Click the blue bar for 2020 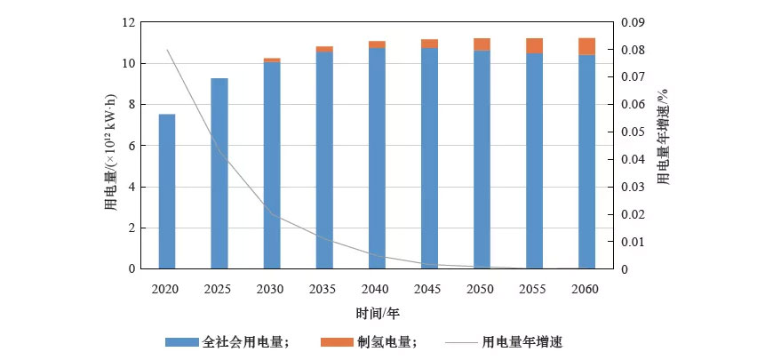coord(166,191)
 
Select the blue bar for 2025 coord(219,173)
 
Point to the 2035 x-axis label coord(323,290)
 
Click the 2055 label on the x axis coord(533,290)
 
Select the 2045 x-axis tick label coord(428,290)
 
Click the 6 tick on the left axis coord(131,146)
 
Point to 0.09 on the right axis coord(631,22)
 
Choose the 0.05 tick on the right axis coord(631,132)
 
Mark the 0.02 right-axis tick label coord(631,214)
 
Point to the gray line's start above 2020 coord(167,50)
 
